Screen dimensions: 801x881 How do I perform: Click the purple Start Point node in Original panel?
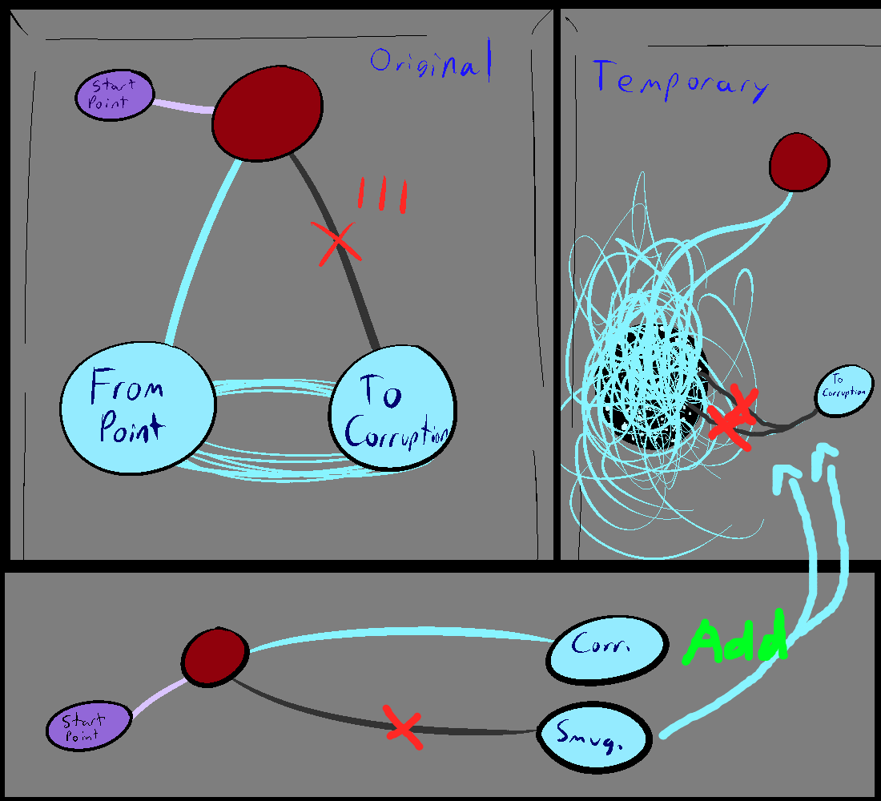click(114, 95)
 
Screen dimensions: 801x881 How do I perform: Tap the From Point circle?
click(139, 409)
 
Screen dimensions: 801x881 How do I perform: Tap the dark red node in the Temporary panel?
click(798, 162)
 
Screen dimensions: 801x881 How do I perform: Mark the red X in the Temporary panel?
click(731, 417)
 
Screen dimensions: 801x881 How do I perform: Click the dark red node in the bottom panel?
click(213, 657)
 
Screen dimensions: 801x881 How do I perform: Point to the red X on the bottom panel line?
click(402, 727)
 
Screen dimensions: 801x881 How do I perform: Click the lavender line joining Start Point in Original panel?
click(183, 107)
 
